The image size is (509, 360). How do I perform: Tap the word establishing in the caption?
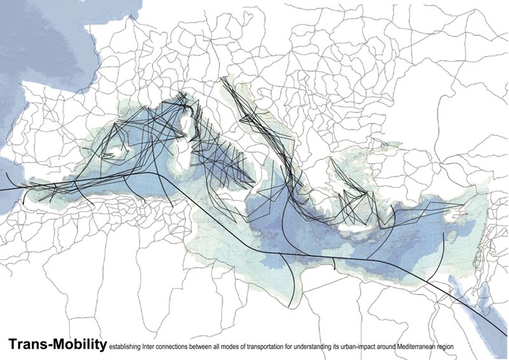coord(123,347)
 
